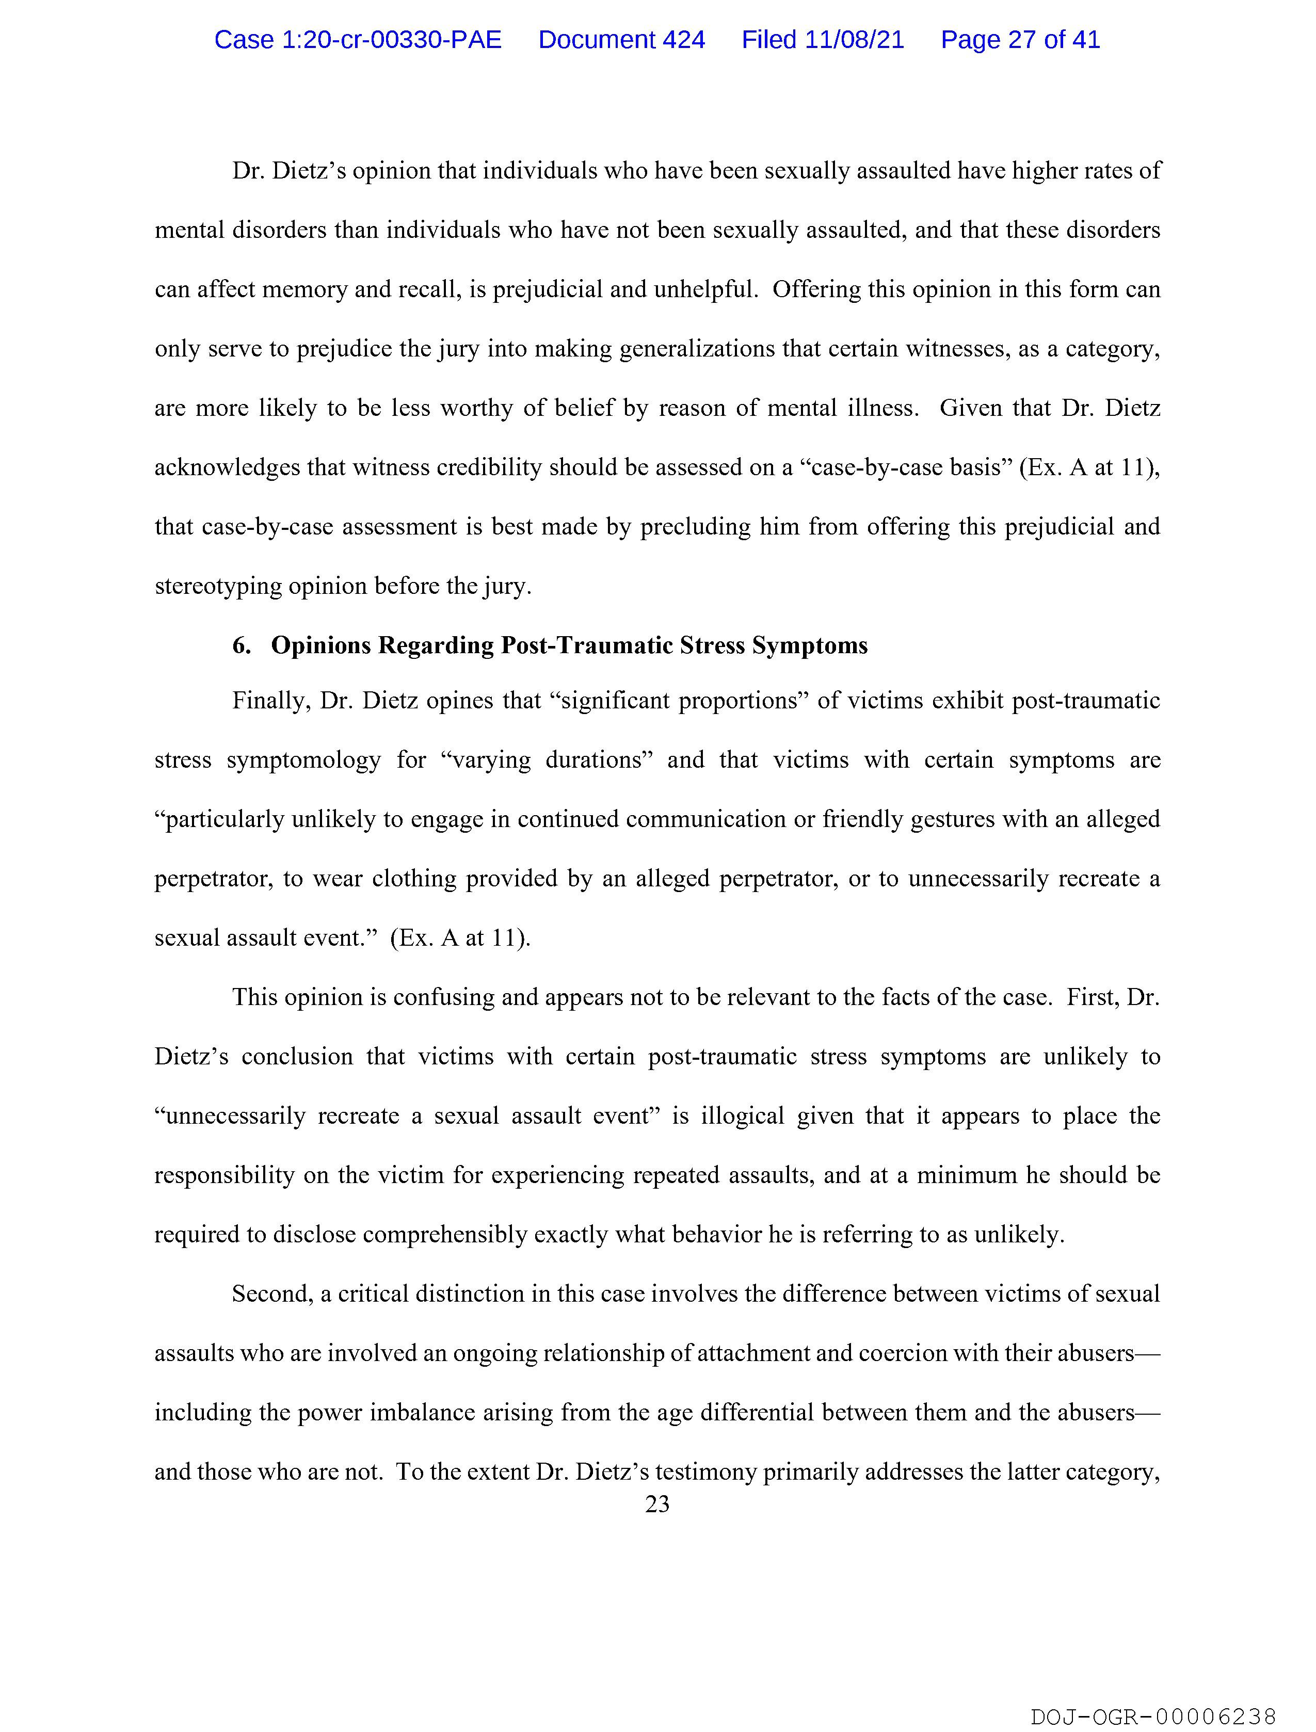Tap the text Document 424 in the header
(621, 40)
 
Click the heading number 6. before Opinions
(242, 645)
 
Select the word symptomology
(304, 760)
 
